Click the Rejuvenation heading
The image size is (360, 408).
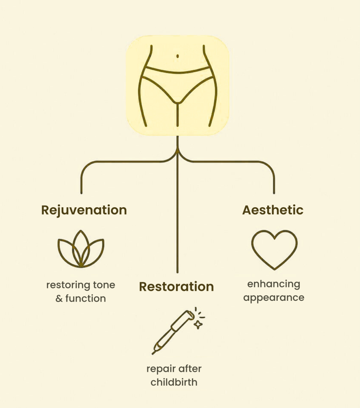(84, 210)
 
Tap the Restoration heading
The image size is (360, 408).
(176, 286)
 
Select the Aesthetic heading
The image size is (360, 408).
(273, 210)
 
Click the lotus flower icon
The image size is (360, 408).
(81, 249)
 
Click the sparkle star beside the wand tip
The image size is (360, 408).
(198, 325)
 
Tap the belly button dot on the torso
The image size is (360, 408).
(178, 56)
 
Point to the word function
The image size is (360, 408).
(86, 298)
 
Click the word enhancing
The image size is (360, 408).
(274, 284)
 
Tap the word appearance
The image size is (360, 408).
(274, 298)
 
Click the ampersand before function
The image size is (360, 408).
(59, 298)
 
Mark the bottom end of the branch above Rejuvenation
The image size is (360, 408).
(81, 192)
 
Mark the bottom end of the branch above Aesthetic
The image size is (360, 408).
(274, 192)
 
